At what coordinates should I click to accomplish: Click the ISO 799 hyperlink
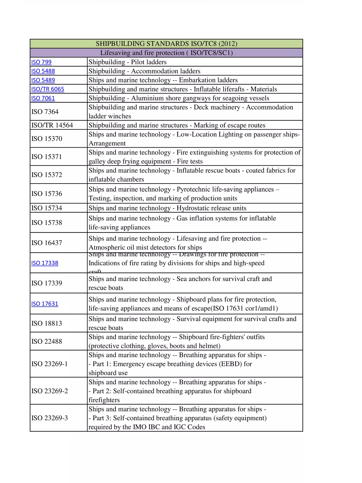click(41, 62)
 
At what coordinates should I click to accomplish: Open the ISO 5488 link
click(43, 71)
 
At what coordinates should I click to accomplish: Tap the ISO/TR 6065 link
click(48, 89)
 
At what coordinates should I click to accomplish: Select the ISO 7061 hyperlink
click(43, 98)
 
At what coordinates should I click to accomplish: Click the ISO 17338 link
click(45, 263)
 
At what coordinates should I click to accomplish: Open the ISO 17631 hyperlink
click(45, 304)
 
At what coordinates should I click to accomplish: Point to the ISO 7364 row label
click(45, 112)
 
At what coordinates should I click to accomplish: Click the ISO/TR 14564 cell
click(52, 125)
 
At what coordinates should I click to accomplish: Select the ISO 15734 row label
click(47, 208)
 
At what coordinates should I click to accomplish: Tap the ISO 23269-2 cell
click(49, 391)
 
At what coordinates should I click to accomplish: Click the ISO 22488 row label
click(47, 341)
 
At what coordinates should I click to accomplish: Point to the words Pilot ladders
click(149, 62)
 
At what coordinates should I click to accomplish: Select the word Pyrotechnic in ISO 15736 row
click(193, 190)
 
